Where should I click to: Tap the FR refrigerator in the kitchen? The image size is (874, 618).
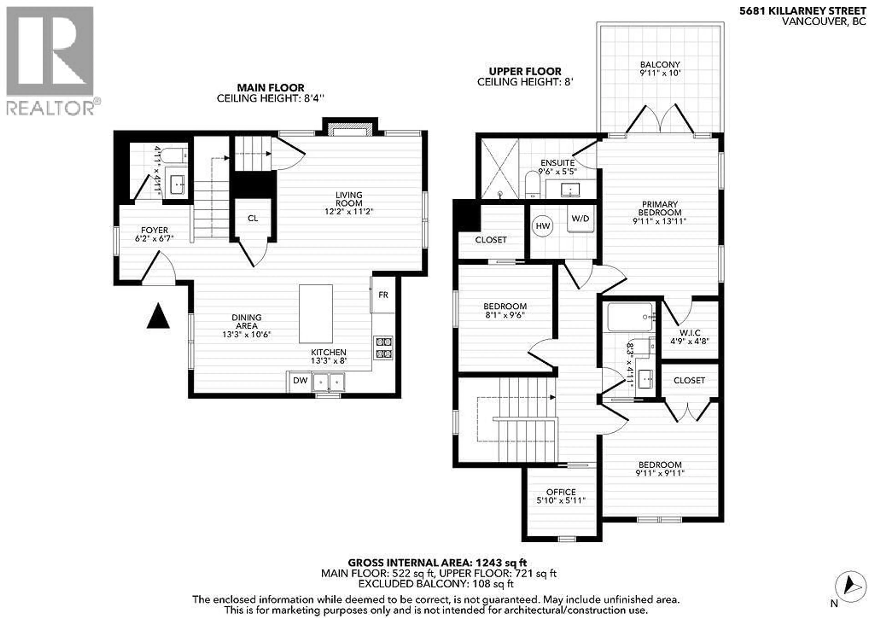coord(383,295)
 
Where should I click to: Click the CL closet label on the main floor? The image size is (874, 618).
coord(253,218)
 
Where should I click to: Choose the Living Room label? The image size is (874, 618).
coord(349,203)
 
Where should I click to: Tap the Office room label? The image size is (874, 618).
coord(561,496)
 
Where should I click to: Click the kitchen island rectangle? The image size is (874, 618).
coord(315,314)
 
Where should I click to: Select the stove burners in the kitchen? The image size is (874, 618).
coord(384,348)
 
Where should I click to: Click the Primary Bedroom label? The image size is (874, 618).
coord(659,212)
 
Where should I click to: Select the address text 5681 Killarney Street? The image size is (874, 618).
coord(803,11)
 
